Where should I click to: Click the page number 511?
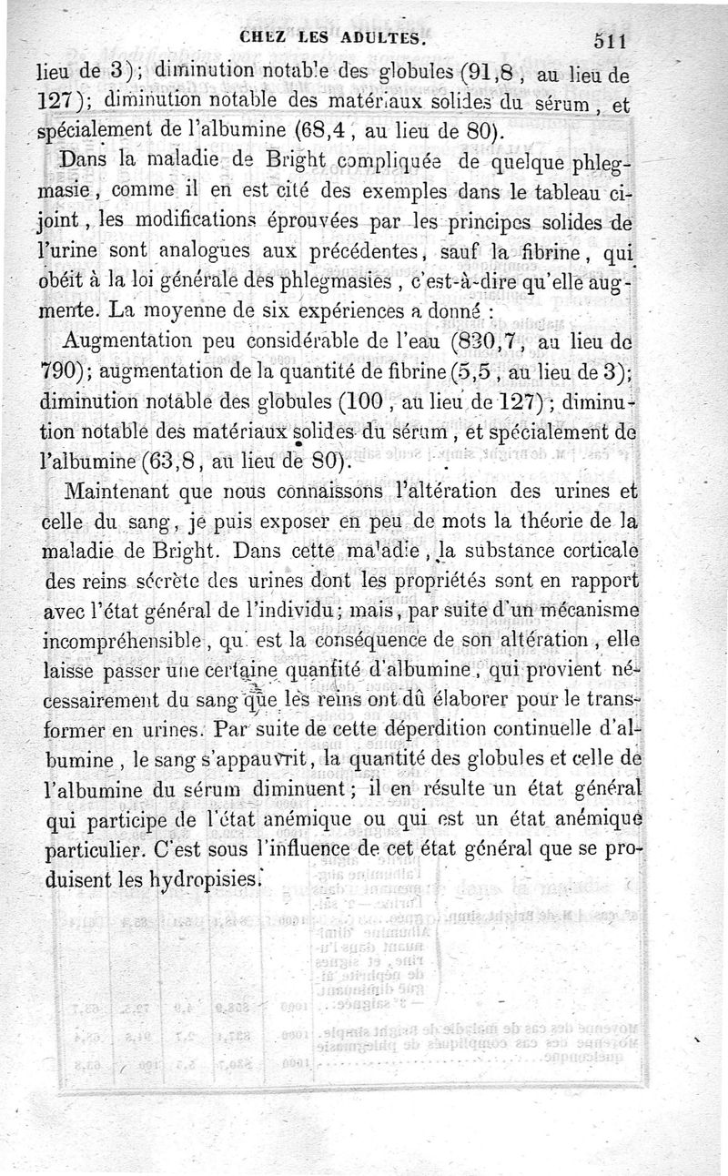(612, 40)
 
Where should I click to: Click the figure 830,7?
(494, 344)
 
